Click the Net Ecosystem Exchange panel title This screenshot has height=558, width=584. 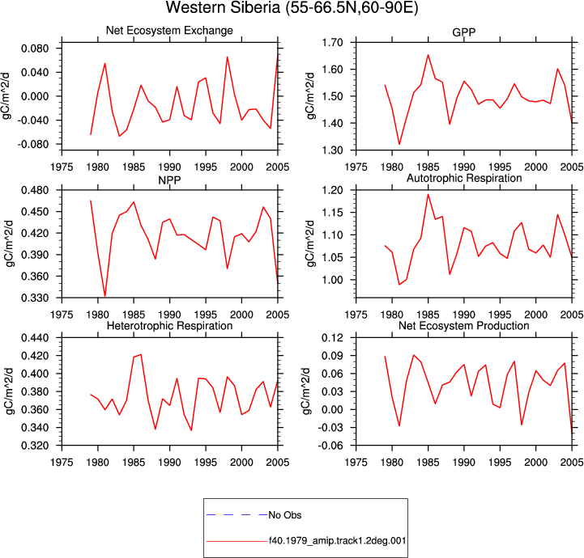coord(169,31)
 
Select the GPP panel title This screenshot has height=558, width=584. coord(463,32)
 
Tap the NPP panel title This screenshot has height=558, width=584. coord(169,180)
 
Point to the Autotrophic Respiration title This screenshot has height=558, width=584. coord(464,178)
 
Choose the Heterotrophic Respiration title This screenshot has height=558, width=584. coord(169,326)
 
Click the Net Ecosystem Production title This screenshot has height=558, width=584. coord(464,326)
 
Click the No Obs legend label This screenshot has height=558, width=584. coord(285,515)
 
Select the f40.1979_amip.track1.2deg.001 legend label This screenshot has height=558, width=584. coord(338,540)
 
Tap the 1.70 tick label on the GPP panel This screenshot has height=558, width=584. coord(333,42)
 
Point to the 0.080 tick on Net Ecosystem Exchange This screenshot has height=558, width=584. coord(35,49)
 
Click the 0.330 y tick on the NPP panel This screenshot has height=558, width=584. coord(35,298)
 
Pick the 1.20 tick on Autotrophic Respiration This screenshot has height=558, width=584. coord(333,190)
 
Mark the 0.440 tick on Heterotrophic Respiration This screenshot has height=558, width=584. coord(35,338)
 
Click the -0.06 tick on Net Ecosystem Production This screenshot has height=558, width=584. coord(330,446)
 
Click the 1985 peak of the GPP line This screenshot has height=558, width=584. coord(428,55)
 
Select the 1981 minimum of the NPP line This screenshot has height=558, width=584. coord(105,296)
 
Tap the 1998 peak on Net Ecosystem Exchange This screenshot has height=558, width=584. coord(227,57)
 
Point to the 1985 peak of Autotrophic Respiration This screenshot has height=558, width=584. coord(428,194)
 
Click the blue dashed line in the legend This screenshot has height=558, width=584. coord(237,515)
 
